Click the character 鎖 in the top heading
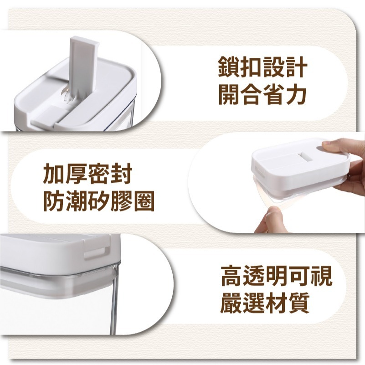pos(229,67)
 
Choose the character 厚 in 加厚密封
pos(77,174)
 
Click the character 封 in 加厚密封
pos(122,174)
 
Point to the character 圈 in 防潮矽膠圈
pos(144,201)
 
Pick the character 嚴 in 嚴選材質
pos(231,303)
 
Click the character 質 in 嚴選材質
pos(298,303)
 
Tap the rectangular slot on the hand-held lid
pos(305,157)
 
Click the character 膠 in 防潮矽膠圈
pos(122,201)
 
